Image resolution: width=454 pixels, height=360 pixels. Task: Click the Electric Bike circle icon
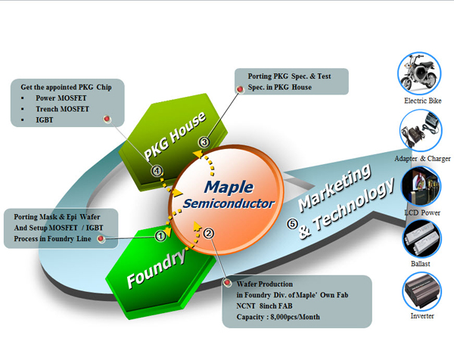pyautogui.click(x=419, y=73)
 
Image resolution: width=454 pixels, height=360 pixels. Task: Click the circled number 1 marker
pyautogui.click(x=160, y=235)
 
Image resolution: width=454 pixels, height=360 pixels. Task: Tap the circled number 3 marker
pyautogui.click(x=204, y=142)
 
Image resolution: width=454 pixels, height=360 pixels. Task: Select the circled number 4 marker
pyautogui.click(x=157, y=171)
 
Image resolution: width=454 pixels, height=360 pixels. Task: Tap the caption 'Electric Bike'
pyautogui.click(x=421, y=100)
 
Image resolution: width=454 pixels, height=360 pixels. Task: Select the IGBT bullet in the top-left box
pyautogui.click(x=37, y=119)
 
